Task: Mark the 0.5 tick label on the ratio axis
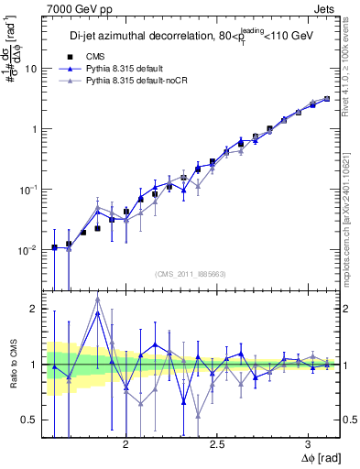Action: coord(31,420)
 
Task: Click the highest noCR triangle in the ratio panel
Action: coord(97,300)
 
